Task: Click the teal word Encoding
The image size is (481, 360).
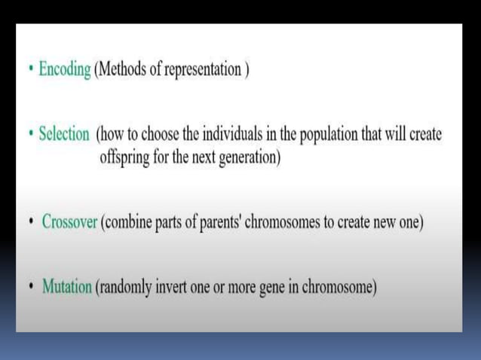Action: coord(65,70)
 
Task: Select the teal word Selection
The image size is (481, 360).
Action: coord(64,136)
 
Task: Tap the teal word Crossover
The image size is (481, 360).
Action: coord(69,223)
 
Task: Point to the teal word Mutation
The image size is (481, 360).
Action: coord(67,288)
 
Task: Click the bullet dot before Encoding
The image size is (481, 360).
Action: coord(30,70)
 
